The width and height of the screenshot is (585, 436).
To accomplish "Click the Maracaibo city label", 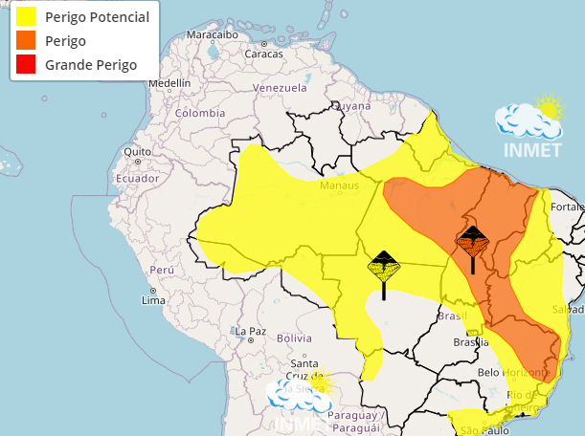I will click(x=212, y=35).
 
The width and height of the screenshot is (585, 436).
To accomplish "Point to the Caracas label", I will click(x=263, y=54).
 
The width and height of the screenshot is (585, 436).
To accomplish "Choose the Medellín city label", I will click(x=169, y=83).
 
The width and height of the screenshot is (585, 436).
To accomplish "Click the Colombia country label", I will click(x=199, y=113).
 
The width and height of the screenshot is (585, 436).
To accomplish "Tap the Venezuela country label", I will click(x=279, y=89).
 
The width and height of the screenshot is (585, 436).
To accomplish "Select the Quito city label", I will click(x=138, y=151).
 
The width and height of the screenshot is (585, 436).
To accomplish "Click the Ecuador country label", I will click(x=137, y=179).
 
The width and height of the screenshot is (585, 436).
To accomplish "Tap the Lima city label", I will click(x=153, y=300).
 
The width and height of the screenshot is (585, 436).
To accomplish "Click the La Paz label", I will click(x=250, y=332).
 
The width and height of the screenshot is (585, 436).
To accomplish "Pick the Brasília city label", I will click(x=471, y=341).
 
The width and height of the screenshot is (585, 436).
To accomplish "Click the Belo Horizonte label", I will click(x=514, y=372).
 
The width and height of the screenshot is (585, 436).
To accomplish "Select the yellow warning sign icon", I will click(x=383, y=268).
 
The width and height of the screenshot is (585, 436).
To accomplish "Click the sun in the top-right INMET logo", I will click(x=548, y=105).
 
